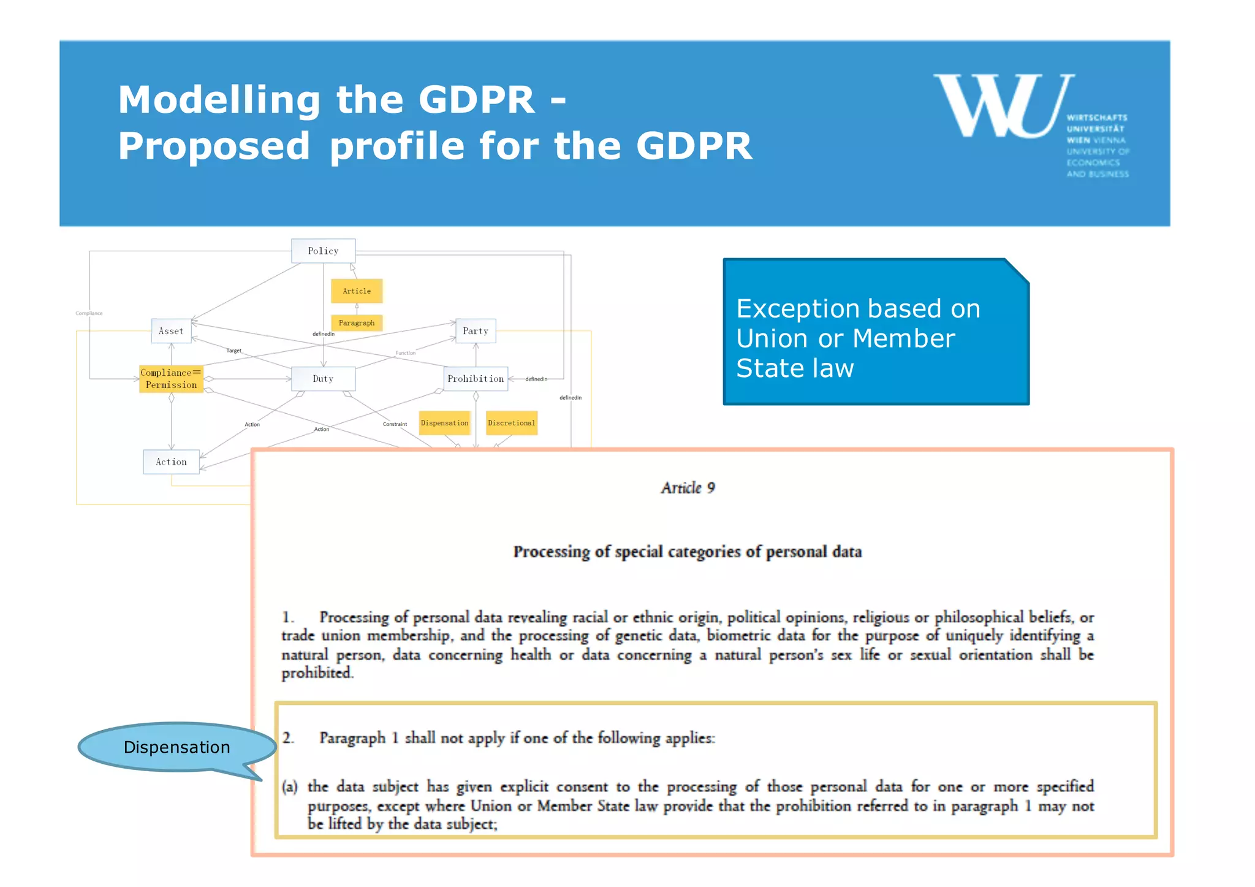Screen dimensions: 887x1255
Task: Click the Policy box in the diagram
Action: (x=323, y=251)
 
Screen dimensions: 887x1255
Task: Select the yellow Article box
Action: (x=357, y=291)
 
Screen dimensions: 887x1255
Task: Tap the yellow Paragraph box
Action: (x=357, y=323)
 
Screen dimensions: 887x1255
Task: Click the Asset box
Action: (x=171, y=331)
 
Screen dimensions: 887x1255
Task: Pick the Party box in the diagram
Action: (x=476, y=331)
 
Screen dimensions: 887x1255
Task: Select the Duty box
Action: (x=323, y=379)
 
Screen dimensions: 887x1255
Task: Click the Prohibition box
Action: (x=476, y=379)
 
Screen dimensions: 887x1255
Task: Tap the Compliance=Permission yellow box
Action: (x=171, y=379)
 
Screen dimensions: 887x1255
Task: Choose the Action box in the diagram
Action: (x=171, y=462)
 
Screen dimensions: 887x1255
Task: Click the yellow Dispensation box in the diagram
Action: (x=444, y=423)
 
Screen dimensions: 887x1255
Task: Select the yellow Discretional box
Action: (x=511, y=423)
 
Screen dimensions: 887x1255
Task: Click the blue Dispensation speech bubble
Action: (x=176, y=747)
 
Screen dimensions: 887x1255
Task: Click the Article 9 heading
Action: (x=688, y=488)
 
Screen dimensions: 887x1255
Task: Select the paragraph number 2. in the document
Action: (x=288, y=738)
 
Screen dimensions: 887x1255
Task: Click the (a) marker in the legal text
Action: (x=290, y=786)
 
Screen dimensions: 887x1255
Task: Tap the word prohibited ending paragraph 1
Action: (x=317, y=673)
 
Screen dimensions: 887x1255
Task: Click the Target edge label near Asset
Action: (x=234, y=351)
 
